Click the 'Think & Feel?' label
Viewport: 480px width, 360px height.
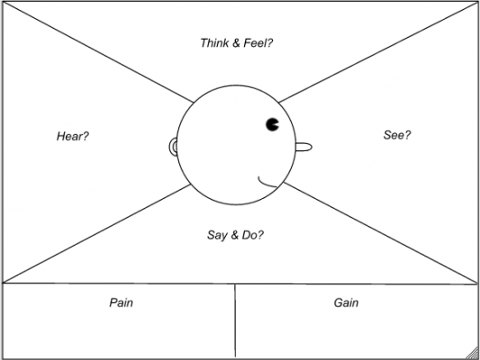[236, 43]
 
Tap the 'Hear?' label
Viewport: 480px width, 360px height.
[73, 136]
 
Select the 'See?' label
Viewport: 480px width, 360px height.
[397, 135]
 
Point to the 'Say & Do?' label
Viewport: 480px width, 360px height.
[235, 235]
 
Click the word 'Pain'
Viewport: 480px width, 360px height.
[122, 302]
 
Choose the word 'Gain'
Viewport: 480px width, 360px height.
[346, 302]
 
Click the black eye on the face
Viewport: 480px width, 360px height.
[272, 124]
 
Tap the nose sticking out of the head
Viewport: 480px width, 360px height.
[304, 148]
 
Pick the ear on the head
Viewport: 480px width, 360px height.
[173, 147]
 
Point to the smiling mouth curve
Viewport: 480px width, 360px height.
[266, 184]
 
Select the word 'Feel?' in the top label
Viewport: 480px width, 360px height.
[258, 43]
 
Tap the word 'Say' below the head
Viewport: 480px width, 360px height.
[217, 235]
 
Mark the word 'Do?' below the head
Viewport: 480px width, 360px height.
[252, 235]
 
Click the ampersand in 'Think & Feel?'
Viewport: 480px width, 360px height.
[236, 43]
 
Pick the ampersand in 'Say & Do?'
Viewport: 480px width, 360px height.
[234, 235]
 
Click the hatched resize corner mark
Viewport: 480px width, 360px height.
[474, 354]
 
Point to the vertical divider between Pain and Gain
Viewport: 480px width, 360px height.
[235, 320]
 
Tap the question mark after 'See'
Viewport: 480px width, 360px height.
[408, 135]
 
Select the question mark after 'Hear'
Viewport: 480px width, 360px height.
[86, 136]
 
